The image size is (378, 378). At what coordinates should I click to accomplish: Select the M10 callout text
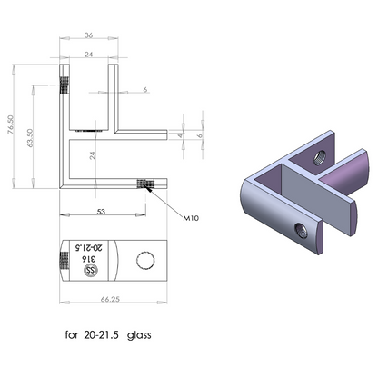point(191,219)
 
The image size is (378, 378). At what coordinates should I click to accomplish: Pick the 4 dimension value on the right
point(181,136)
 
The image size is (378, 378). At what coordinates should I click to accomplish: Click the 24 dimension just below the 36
point(88,55)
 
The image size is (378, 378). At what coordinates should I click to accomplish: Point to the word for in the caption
point(73,335)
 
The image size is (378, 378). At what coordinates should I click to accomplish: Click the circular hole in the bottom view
point(144,262)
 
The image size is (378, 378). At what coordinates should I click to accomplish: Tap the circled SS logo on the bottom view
point(90,270)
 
